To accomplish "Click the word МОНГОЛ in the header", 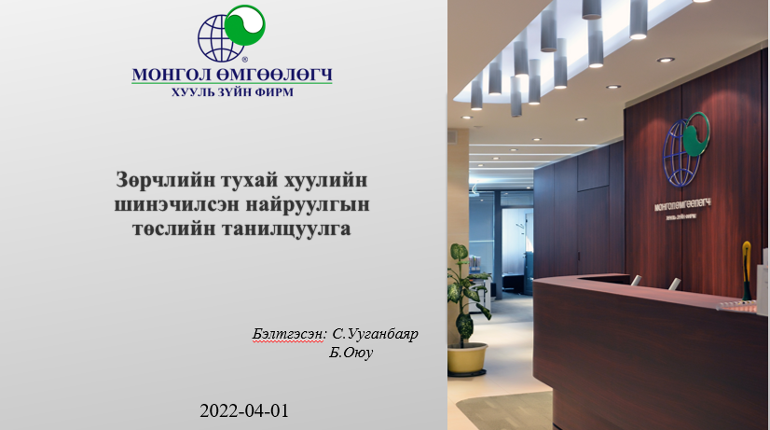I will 173,75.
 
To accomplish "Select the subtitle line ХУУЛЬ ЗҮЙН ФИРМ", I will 231,93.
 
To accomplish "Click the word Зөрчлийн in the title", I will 155,177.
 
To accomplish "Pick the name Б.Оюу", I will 351,354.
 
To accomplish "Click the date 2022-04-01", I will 237,409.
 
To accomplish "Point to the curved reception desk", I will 643,345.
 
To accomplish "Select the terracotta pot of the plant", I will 467,357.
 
